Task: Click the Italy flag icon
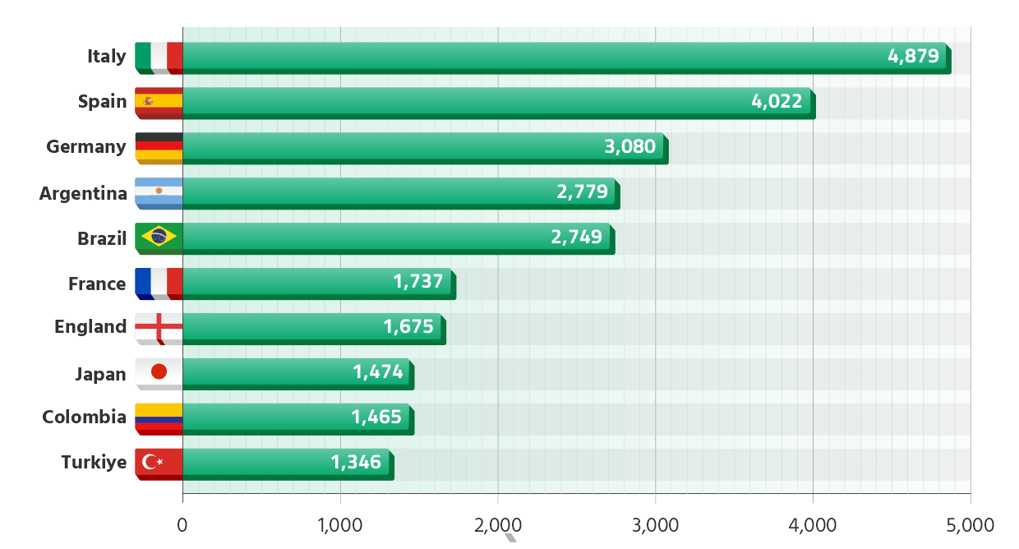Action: pos(159,58)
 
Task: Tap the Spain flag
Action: pos(159,102)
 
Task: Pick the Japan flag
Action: pos(159,373)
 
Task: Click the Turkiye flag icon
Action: pos(159,462)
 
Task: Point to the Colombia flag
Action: pos(159,417)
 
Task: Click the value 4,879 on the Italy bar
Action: pos(913,57)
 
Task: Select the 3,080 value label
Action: pos(629,147)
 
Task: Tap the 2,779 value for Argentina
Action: pos(582,192)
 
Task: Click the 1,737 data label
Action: pos(418,282)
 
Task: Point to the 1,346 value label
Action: pos(357,462)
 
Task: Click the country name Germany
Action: pos(86,147)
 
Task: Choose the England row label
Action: pos(90,327)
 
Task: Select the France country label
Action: pos(97,284)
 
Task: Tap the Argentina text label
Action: pos(83,194)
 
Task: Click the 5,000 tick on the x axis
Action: pos(970,524)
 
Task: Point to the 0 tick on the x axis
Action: pos(182,524)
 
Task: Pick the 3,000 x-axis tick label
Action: pos(655,524)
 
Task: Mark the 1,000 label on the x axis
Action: pos(339,524)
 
